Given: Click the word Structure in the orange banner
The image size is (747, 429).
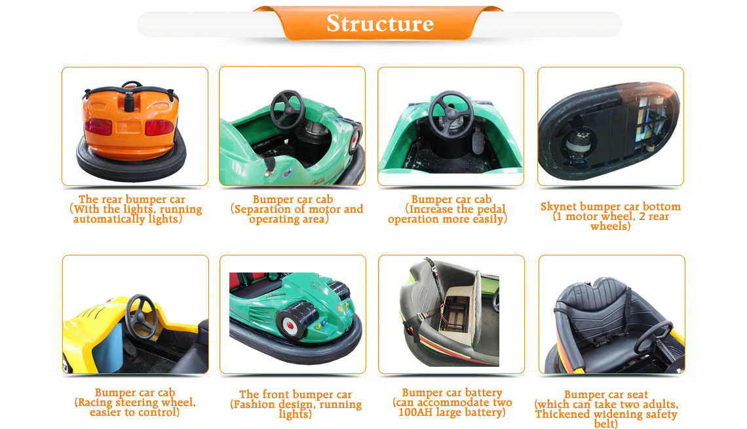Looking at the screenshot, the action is (x=380, y=24).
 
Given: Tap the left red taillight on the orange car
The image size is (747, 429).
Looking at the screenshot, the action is (x=98, y=126).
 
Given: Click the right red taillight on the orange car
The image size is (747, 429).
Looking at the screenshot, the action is (x=159, y=128).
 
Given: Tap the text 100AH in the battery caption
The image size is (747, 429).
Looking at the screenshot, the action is (x=414, y=413).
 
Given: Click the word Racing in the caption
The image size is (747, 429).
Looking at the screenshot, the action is (x=95, y=403).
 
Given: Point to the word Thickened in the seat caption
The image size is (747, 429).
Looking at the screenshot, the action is (x=563, y=414).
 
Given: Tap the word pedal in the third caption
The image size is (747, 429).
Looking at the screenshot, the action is (x=489, y=210).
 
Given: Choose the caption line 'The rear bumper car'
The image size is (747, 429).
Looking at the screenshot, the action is (x=132, y=200).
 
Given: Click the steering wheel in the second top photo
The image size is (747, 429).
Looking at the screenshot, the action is (x=288, y=110).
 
